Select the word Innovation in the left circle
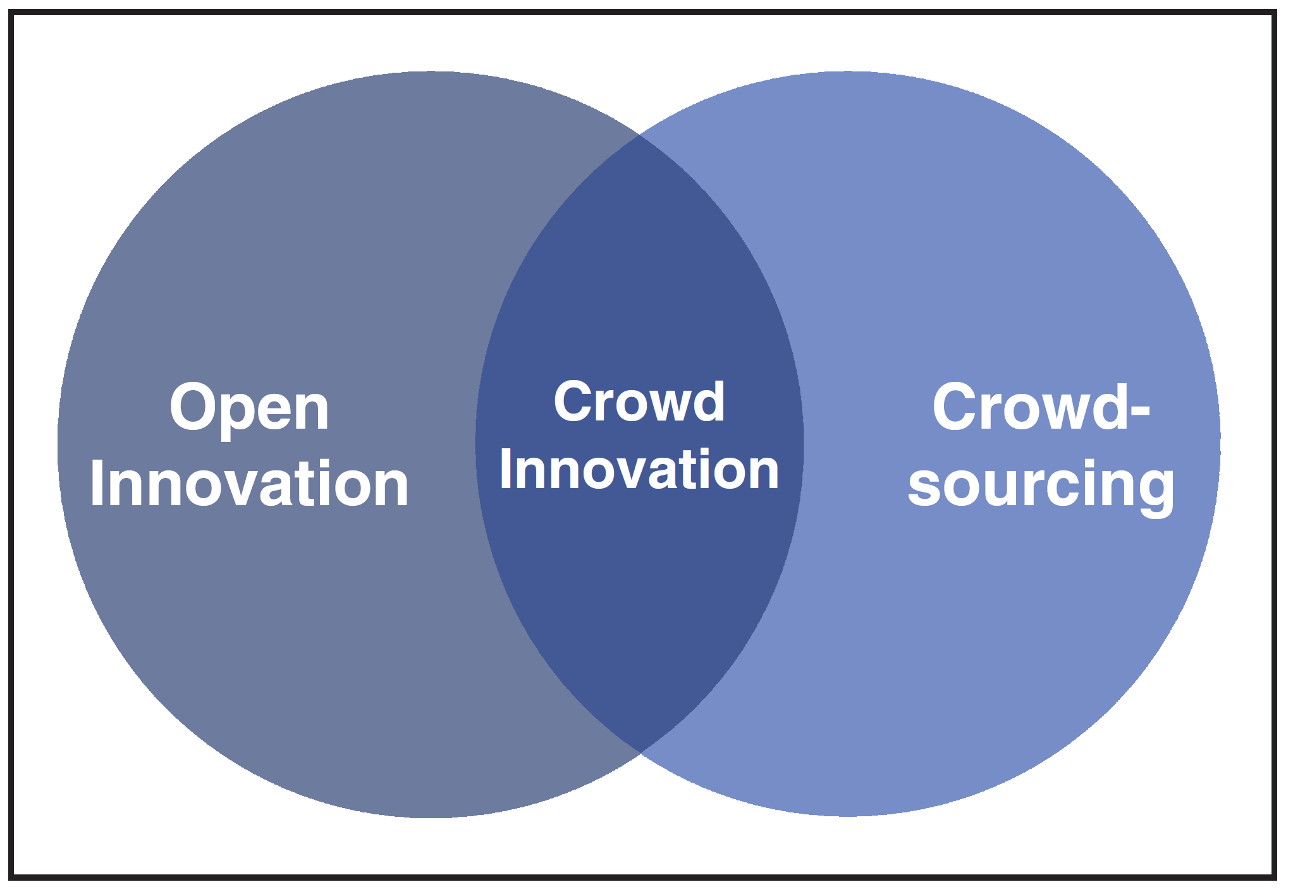pos(249,484)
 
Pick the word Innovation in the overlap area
pos(639,469)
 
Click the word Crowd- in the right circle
pos(1041,408)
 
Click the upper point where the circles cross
pos(640,135)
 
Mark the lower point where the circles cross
pos(640,752)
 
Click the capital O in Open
pos(193,408)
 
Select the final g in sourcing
pos(1154,490)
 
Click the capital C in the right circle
pos(956,408)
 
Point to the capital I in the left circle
pos(96,483)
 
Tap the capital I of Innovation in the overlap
pos(505,469)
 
